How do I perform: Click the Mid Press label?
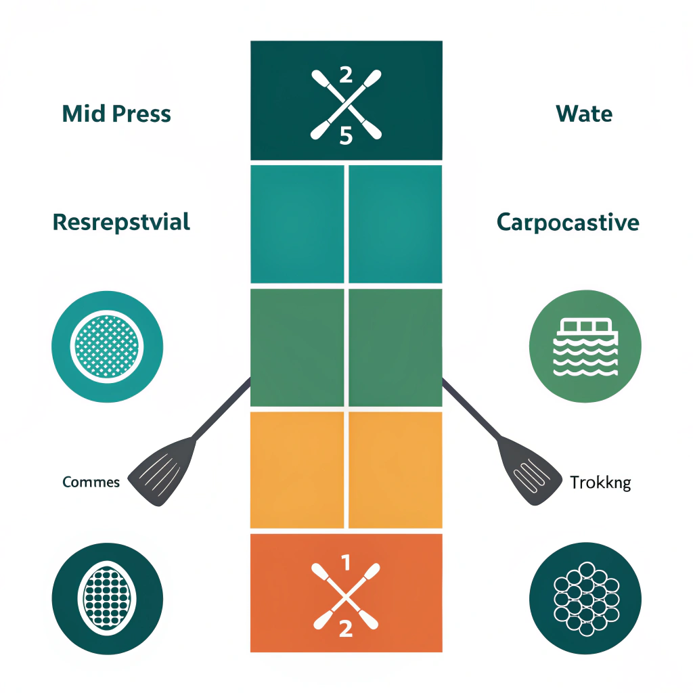click(116, 114)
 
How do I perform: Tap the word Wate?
click(584, 114)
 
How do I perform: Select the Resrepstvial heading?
click(121, 222)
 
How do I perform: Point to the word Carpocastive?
click(568, 222)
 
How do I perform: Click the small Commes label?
click(91, 482)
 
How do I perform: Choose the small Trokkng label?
click(600, 483)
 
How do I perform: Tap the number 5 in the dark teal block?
click(346, 136)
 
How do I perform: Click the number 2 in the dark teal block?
click(346, 74)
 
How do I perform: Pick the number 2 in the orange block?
click(346, 628)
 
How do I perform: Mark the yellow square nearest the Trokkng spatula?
click(395, 470)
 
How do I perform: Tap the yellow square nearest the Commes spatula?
click(297, 470)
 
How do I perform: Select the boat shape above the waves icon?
click(584, 328)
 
